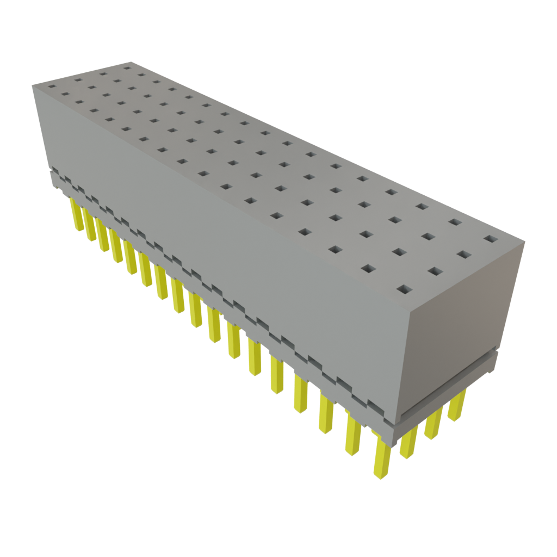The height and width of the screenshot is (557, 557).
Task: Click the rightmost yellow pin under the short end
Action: [x=457, y=405]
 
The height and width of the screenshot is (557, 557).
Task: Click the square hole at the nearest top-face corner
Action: [x=404, y=289]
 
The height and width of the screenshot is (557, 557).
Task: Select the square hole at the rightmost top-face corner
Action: [x=491, y=239]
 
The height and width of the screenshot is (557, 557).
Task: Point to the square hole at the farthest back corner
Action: [x=127, y=68]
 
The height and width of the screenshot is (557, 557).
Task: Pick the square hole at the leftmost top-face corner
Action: [x=52, y=86]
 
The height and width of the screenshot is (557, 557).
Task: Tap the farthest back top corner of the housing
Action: [x=129, y=61]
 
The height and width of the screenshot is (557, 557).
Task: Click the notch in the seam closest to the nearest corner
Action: [x=375, y=405]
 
